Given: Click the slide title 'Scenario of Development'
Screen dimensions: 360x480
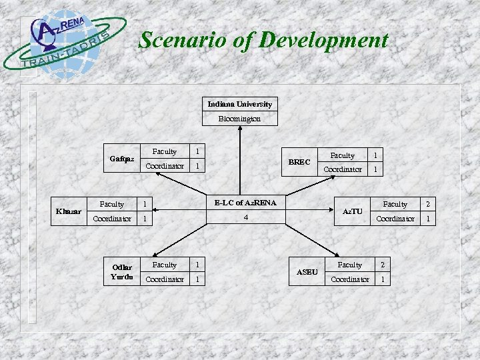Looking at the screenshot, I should point(263,40).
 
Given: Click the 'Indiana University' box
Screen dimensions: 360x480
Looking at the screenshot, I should point(239,104).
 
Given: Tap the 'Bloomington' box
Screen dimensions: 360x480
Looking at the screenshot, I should point(239,119).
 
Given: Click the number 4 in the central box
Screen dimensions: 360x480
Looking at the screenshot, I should point(245,217).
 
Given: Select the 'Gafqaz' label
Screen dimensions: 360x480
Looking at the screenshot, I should point(122,159).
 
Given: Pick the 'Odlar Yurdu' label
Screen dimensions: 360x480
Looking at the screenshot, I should point(122,272).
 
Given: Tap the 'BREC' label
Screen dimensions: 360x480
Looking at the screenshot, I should point(299,162).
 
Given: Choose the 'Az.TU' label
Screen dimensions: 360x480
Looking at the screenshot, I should point(352,211).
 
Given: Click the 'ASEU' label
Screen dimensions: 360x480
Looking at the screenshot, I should point(307,272).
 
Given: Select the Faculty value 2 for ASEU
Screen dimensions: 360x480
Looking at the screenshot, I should point(382,265).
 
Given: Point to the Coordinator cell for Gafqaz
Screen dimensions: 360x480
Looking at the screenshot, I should point(165,166).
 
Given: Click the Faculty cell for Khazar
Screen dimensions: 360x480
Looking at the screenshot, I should point(111,204).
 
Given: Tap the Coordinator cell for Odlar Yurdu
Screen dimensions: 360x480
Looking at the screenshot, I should point(165,279).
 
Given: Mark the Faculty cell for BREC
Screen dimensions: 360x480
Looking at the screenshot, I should point(343,155).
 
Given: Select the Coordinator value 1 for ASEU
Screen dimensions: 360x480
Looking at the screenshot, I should point(382,279).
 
